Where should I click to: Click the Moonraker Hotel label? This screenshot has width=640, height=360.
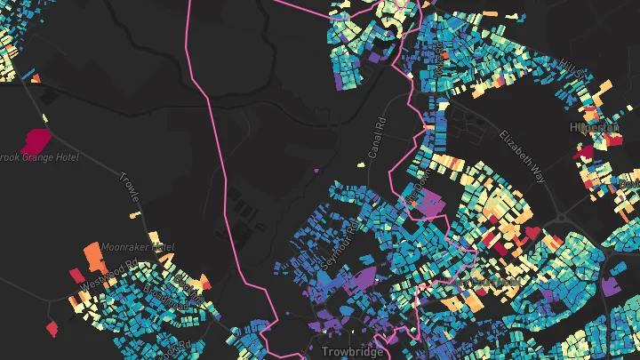tap(138, 246)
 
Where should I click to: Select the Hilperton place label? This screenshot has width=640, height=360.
tap(595, 128)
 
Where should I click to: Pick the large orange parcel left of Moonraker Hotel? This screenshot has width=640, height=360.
tap(92, 257)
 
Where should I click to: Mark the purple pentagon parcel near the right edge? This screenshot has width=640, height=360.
tap(611, 286)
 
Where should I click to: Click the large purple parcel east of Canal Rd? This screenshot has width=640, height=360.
tap(432, 206)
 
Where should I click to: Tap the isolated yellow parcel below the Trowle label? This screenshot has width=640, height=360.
tap(135, 214)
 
